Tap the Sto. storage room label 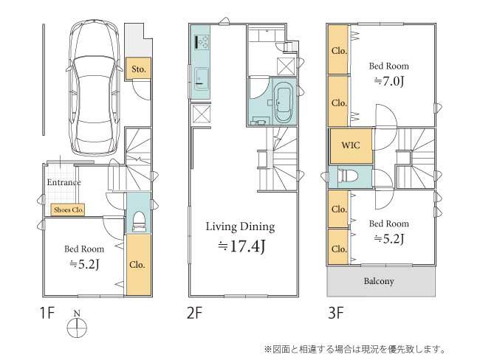tap(137, 69)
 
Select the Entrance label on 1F tap(64, 182)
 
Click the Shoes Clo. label tap(69, 210)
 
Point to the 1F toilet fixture tap(137, 221)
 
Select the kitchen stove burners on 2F tap(201, 41)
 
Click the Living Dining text tap(240, 226)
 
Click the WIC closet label tap(350, 145)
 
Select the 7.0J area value tap(390, 81)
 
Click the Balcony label tap(378, 281)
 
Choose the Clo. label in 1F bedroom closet tap(137, 263)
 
